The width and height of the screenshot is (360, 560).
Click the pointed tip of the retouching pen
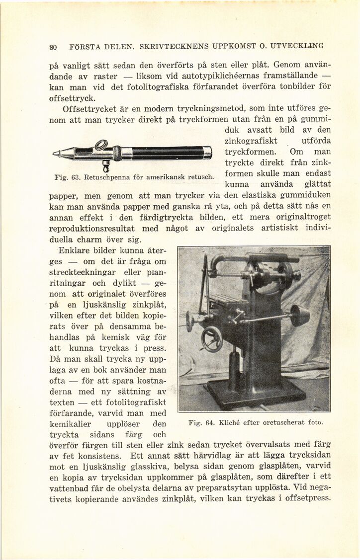[55, 155]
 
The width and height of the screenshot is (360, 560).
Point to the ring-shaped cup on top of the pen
[101, 145]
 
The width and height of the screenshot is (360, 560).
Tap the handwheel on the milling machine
[212, 339]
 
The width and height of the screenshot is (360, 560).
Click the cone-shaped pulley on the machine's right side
[299, 315]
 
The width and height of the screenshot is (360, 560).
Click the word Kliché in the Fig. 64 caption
[231, 423]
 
